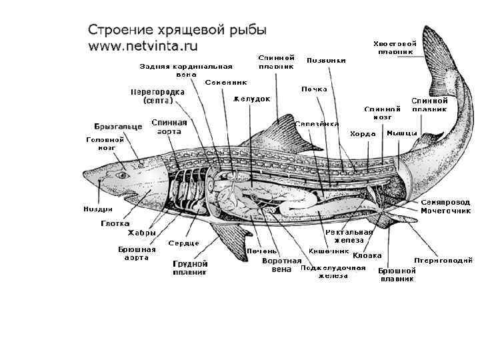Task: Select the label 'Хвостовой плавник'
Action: click(x=395, y=47)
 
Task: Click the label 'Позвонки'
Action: click(x=326, y=61)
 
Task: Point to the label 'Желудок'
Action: click(x=251, y=99)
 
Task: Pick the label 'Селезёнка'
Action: click(x=317, y=124)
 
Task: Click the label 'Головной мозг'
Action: click(x=105, y=144)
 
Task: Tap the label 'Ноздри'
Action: click(x=97, y=209)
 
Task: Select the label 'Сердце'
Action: click(x=181, y=242)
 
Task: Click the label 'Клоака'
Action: click(x=367, y=255)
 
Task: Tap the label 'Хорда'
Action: click(x=363, y=133)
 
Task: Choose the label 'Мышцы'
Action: click(x=401, y=133)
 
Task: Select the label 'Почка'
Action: click(x=313, y=89)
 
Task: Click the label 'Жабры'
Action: click(x=142, y=233)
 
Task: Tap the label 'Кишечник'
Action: click(x=329, y=251)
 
